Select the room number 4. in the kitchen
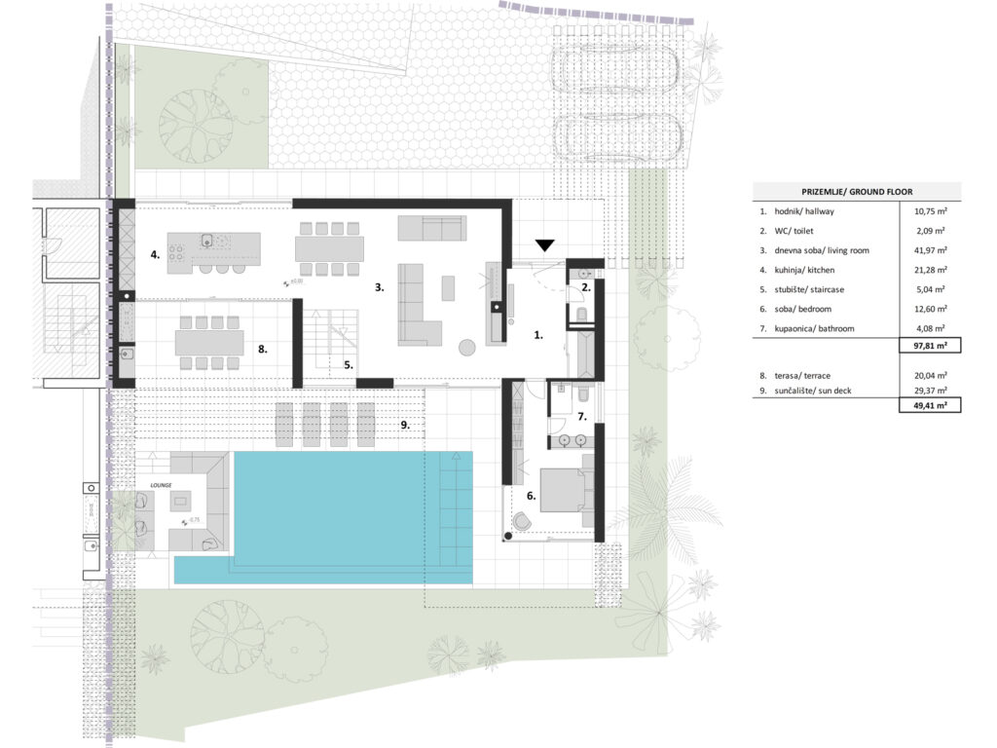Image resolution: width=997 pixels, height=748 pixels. [155, 255]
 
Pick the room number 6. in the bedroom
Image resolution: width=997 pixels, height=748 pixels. [532, 496]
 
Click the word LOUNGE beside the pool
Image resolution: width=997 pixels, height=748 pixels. [161, 484]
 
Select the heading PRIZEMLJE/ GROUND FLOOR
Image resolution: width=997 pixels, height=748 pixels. [857, 192]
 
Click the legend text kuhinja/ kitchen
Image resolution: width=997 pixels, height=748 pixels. [803, 270]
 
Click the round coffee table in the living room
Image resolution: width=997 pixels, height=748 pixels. [468, 346]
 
